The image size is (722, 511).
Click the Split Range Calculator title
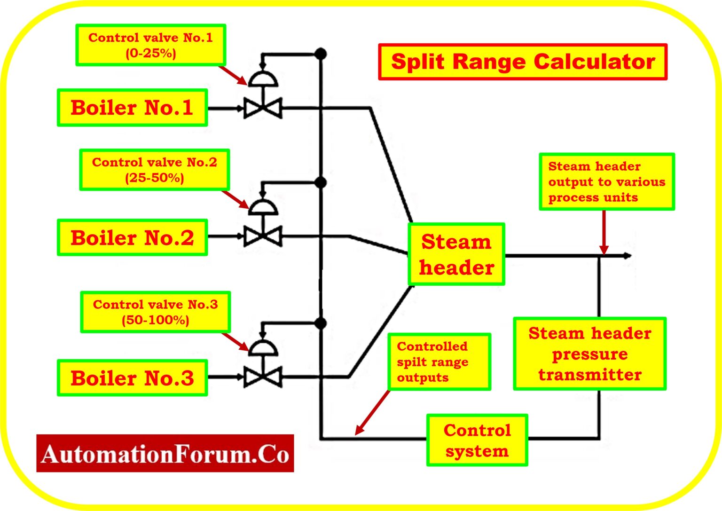click(523, 62)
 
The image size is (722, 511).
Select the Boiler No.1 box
click(132, 108)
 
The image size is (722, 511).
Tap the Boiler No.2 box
click(132, 238)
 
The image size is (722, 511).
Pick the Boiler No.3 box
click(132, 378)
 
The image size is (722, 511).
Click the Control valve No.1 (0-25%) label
click(150, 45)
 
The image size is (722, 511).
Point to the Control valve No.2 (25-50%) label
click(154, 170)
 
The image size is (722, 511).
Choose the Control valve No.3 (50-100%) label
click(155, 312)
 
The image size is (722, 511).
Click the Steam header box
click(456, 254)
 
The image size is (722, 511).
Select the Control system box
click(477, 440)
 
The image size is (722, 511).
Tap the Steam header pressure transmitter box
click(589, 354)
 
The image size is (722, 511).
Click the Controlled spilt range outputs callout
click(439, 362)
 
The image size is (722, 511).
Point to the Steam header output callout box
click(606, 181)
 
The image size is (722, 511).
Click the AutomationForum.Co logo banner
click(165, 454)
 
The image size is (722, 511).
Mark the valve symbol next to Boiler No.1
click(263, 108)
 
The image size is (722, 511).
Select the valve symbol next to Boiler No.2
click(263, 236)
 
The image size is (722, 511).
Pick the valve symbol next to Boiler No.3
click(263, 377)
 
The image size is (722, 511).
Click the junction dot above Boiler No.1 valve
click(321, 54)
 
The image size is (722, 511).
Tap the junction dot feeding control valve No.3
click(321, 323)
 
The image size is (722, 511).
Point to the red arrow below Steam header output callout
click(604, 233)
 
